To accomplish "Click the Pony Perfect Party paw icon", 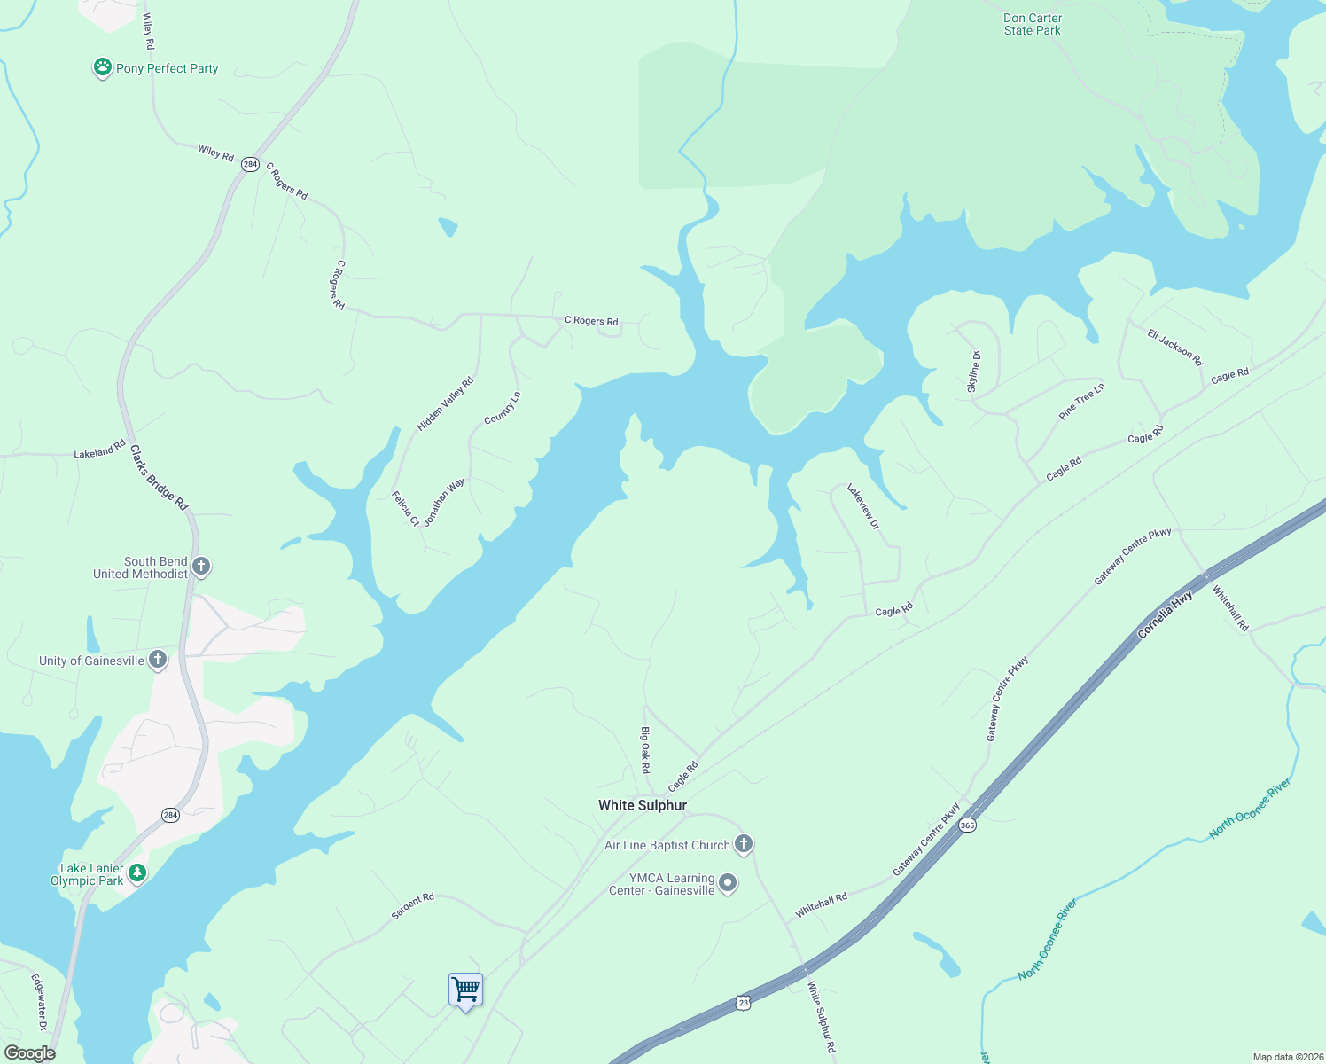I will tap(103, 67).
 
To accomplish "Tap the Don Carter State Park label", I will tap(1033, 24).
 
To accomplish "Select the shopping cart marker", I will tap(465, 989).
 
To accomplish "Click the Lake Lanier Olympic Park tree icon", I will tap(136, 873).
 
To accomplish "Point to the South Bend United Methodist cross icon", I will tap(201, 567).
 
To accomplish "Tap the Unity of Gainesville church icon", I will tap(158, 659).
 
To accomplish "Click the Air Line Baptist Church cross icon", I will tap(744, 844).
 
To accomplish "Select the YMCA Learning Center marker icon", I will tap(728, 883).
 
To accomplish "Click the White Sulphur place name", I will tap(643, 805).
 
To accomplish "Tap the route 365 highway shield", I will tap(967, 825).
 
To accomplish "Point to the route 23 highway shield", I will tap(743, 1002).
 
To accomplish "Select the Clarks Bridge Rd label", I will tap(160, 478).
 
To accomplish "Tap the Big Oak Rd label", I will tap(645, 750).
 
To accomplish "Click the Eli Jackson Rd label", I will tap(1175, 347).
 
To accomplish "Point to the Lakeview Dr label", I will tap(862, 506).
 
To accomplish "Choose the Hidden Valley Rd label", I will tap(446, 404).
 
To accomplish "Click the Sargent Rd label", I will tap(413, 905).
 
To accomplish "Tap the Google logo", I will tap(30, 1053).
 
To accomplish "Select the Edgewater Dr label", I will tap(38, 1002).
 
